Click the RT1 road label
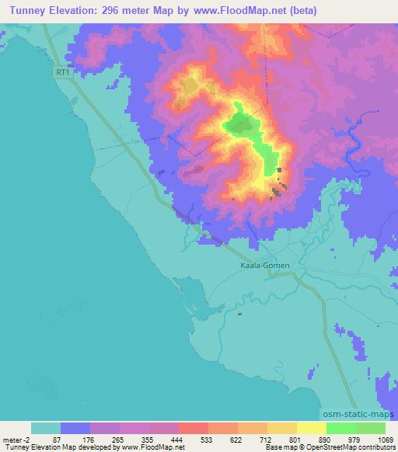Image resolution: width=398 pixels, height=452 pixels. tap(63, 72)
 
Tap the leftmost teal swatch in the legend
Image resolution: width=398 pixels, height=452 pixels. tap(46, 428)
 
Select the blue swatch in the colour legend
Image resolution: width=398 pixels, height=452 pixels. tap(75, 428)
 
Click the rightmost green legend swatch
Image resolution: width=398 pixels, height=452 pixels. tap(371, 428)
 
